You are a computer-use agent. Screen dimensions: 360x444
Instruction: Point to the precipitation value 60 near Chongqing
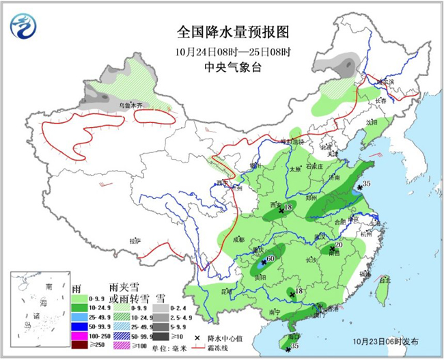(x=270, y=259)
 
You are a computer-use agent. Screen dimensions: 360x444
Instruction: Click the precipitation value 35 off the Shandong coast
(x=366, y=184)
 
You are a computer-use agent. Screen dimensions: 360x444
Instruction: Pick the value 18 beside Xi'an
(x=288, y=207)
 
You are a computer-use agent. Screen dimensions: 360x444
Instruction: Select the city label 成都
(x=238, y=240)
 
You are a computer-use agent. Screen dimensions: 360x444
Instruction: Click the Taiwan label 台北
(x=384, y=279)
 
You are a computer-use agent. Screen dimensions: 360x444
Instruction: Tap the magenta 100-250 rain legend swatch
(x=81, y=337)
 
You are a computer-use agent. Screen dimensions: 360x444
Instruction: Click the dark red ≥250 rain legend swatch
(x=81, y=346)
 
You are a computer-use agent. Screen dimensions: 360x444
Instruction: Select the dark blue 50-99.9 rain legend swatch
(x=81, y=327)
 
